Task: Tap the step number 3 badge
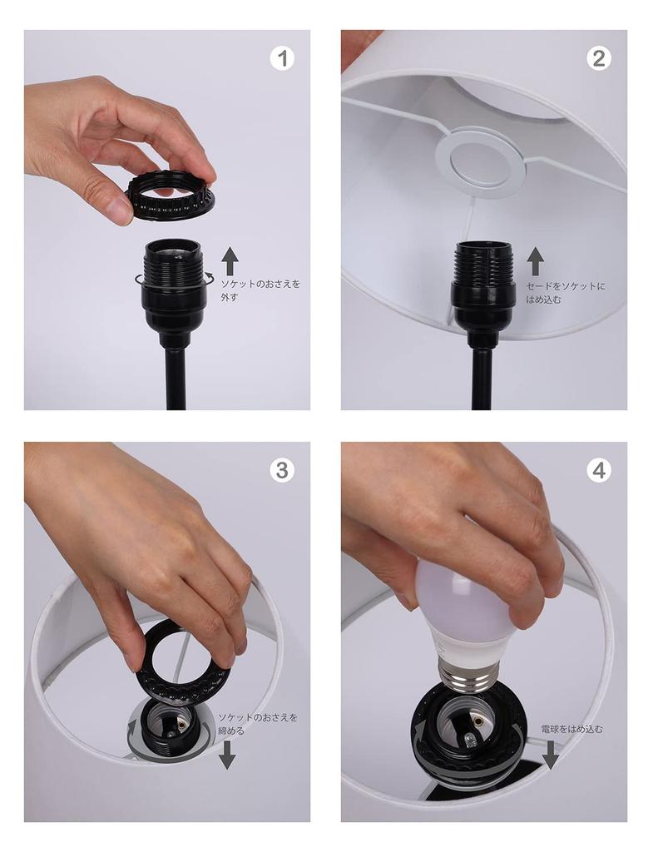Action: [283, 470]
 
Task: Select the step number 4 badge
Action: [598, 470]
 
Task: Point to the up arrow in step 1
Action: [230, 261]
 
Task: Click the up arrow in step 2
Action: [536, 261]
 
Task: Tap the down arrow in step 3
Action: [226, 755]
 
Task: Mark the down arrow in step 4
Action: [550, 755]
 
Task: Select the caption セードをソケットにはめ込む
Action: [566, 292]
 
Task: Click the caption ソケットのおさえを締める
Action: [257, 723]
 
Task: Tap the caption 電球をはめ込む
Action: [571, 729]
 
